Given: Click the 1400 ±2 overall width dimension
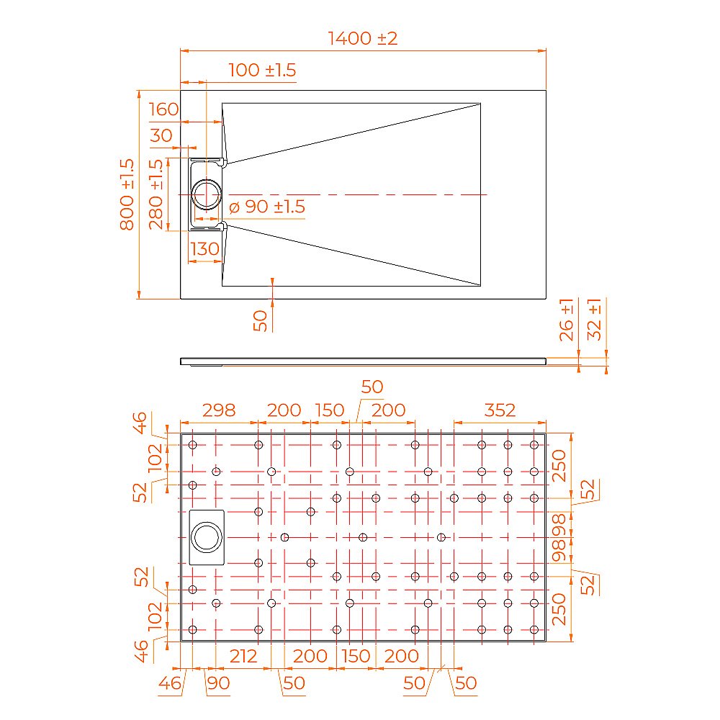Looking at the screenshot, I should tap(363, 39).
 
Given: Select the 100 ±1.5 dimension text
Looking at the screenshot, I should tap(262, 71).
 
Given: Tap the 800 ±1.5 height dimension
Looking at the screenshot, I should tap(127, 194).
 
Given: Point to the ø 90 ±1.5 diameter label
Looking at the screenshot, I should tap(267, 207).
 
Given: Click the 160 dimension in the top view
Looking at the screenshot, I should tap(163, 110).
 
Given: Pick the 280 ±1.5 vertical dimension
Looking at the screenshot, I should tap(156, 194).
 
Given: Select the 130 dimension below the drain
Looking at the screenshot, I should tap(205, 249).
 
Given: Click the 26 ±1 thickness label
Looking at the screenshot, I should tap(567, 319).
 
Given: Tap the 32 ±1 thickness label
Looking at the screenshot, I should tap(595, 319).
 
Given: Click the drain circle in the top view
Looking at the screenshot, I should tap(207, 194).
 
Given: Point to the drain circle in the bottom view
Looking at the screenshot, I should tap(207, 537).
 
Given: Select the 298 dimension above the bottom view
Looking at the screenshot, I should tap(218, 410).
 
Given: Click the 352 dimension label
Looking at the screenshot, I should tap(500, 410).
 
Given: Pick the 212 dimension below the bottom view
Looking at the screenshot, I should tap(243, 656).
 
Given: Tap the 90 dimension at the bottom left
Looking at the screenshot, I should tap(218, 683).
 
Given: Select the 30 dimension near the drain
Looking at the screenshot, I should tap(162, 135).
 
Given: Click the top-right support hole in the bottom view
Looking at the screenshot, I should tap(534, 445).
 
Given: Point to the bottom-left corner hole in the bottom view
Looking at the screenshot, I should tap(192, 629).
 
